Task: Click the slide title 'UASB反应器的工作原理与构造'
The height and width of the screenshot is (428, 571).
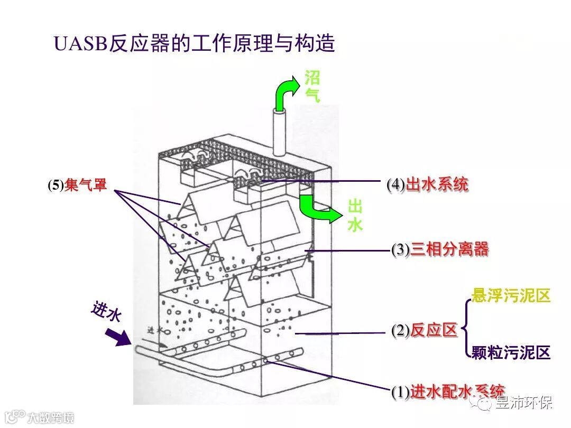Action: (x=195, y=44)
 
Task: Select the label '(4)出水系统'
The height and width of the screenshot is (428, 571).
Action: (x=427, y=185)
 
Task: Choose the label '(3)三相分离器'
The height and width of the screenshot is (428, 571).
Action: (x=440, y=249)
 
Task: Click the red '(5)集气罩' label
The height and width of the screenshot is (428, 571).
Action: (x=77, y=185)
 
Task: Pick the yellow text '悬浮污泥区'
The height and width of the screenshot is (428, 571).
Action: (x=511, y=296)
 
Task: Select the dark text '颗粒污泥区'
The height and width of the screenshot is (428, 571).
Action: (x=511, y=352)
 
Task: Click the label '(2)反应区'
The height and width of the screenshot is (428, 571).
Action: (x=424, y=331)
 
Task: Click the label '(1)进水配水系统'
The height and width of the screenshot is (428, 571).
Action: (x=447, y=392)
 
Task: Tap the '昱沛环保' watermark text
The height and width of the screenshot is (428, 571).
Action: (x=524, y=403)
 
